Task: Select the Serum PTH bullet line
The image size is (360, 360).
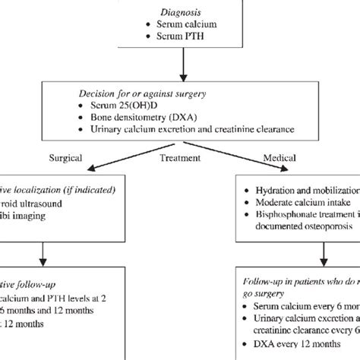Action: (x=181, y=37)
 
